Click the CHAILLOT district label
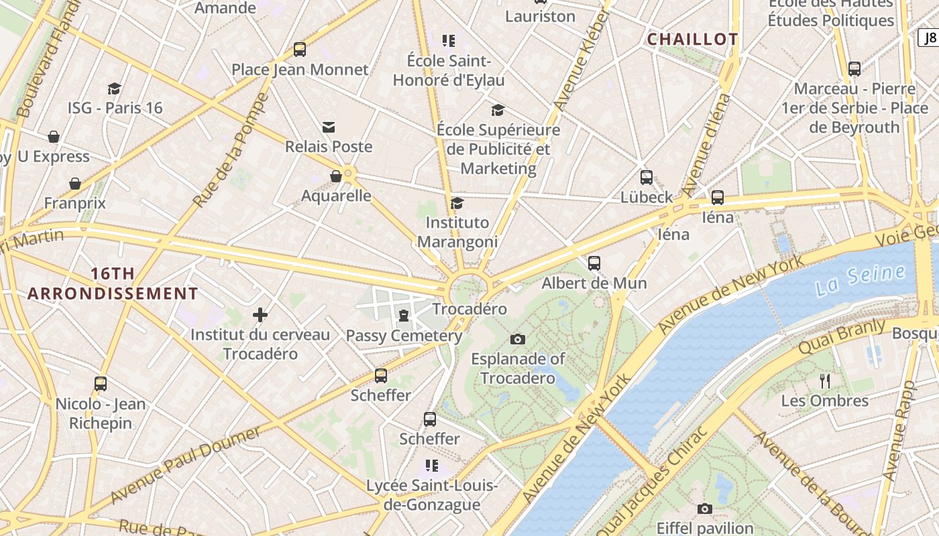pyautogui.click(x=692, y=40)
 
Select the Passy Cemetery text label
pyautogui.click(x=404, y=336)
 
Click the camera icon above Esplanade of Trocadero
pyautogui.click(x=518, y=339)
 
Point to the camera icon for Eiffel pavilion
pyautogui.click(x=704, y=509)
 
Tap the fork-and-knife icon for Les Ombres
pyautogui.click(x=825, y=381)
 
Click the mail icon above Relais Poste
pyautogui.click(x=328, y=127)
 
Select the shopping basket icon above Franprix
pyautogui.click(x=75, y=184)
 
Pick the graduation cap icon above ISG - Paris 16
pyautogui.click(x=114, y=88)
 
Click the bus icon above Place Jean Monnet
pyautogui.click(x=300, y=50)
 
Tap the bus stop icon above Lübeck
pyautogui.click(x=646, y=178)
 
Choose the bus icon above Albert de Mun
pyautogui.click(x=594, y=263)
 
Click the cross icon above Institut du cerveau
pyautogui.click(x=260, y=315)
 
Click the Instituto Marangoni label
pyautogui.click(x=457, y=232)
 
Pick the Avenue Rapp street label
pyautogui.click(x=899, y=429)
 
